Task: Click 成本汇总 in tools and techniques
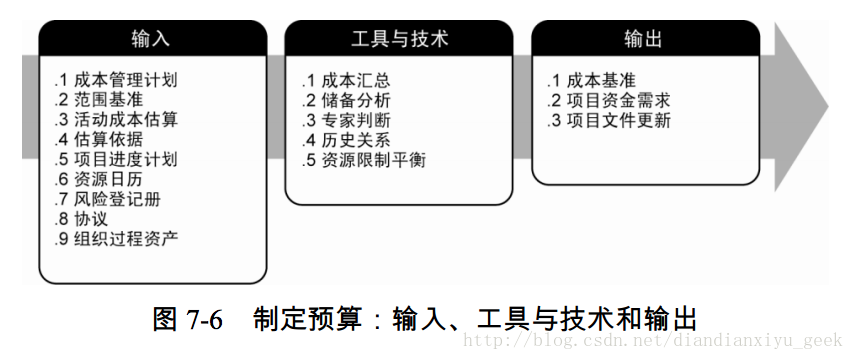tap(355, 80)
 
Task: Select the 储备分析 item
tap(355, 100)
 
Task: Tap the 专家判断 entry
tap(355, 120)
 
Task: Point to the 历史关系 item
tap(355, 139)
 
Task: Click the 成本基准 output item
tap(601, 80)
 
